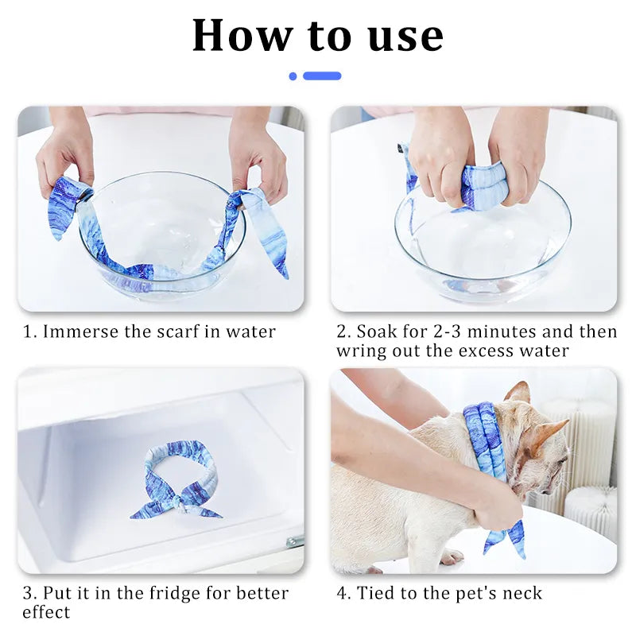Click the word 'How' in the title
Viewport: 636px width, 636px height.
[242, 36]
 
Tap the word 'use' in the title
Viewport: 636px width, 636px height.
[405, 37]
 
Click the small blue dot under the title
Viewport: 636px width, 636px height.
[293, 76]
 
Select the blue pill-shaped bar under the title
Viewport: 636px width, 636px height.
[322, 76]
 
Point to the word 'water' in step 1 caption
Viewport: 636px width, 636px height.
[250, 332]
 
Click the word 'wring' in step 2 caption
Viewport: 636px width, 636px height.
[362, 351]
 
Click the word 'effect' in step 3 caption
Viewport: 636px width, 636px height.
[46, 612]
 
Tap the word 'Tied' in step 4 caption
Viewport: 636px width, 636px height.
[375, 593]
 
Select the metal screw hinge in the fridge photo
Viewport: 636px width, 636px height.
[295, 541]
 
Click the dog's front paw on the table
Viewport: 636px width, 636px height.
[451, 556]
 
